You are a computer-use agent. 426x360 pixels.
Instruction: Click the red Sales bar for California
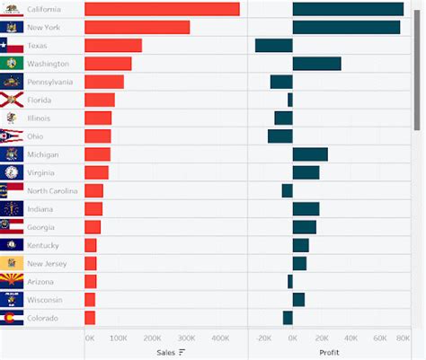click(x=162, y=9)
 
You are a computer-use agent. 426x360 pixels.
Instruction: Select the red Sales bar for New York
click(x=137, y=27)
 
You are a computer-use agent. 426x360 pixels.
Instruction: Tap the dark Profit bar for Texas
click(x=274, y=46)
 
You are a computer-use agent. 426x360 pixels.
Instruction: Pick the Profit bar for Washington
click(x=316, y=64)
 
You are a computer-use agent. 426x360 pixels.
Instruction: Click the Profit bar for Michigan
click(x=310, y=154)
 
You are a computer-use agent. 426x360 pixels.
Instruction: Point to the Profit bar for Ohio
click(x=280, y=136)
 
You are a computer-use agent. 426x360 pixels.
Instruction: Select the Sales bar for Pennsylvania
click(x=103, y=82)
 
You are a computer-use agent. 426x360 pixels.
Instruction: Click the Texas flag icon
click(x=12, y=46)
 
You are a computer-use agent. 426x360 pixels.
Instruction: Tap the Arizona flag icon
click(x=12, y=282)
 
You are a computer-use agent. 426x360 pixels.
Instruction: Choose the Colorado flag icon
click(x=12, y=318)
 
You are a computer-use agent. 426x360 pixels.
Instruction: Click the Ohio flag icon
click(x=12, y=136)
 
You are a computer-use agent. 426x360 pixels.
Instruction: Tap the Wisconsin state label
click(x=45, y=300)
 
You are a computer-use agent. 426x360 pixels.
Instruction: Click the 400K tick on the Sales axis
click(x=221, y=339)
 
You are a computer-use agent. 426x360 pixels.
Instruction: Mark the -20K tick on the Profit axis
click(x=262, y=339)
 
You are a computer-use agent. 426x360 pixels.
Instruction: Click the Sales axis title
click(x=165, y=353)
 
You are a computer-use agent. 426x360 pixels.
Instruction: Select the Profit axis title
click(x=329, y=353)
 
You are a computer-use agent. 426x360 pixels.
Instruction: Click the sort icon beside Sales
click(x=182, y=353)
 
